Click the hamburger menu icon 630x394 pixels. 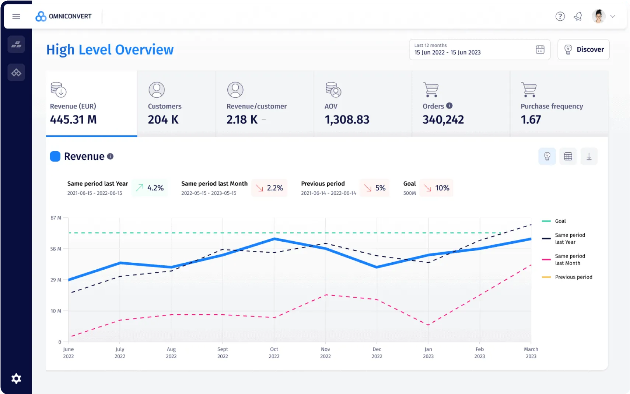(x=16, y=16)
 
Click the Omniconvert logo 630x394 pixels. (x=63, y=16)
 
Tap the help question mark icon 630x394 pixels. (x=560, y=16)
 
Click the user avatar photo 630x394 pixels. (x=598, y=16)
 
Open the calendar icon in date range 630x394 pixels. (x=540, y=49)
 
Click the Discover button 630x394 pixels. (x=583, y=49)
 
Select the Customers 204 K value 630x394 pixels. (x=163, y=120)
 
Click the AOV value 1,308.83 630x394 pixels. (x=347, y=120)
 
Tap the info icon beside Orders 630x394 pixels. (x=449, y=106)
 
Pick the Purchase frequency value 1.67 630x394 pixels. (x=531, y=120)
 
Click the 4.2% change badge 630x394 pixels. (x=150, y=188)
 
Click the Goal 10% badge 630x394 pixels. (x=437, y=188)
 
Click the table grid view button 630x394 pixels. (x=568, y=156)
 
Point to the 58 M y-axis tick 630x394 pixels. (x=56, y=249)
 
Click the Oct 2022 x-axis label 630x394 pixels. (x=274, y=353)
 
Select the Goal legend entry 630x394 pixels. (x=560, y=221)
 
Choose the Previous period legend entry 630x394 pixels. (x=573, y=277)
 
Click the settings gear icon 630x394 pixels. (x=16, y=379)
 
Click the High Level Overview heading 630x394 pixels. (x=110, y=50)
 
